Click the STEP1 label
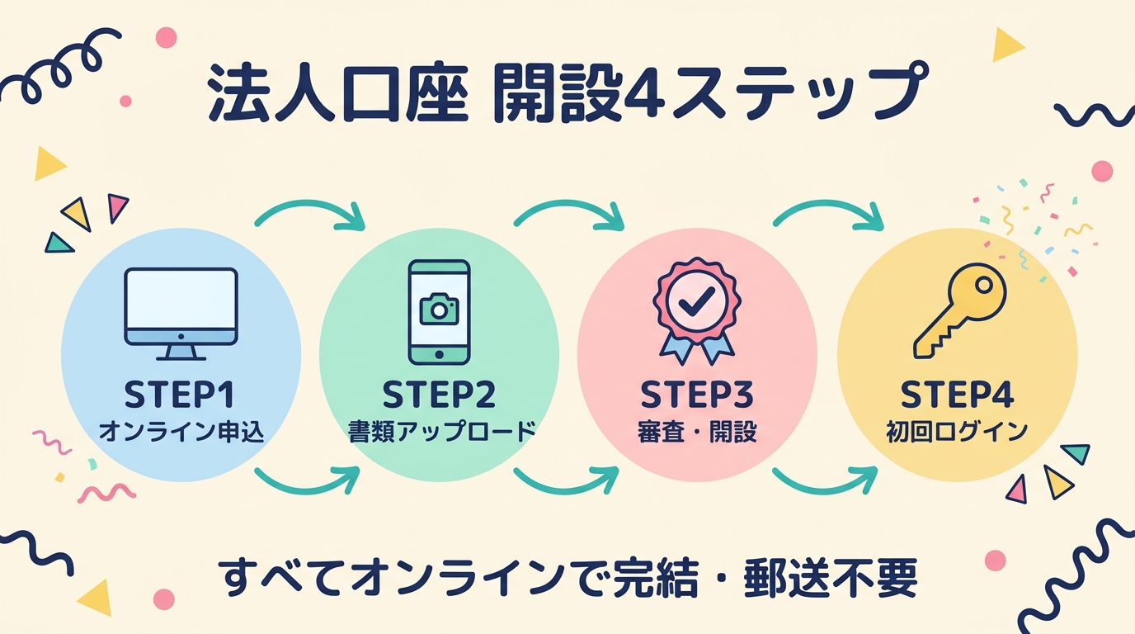click(180, 395)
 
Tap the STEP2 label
click(439, 395)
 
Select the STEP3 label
click(697, 395)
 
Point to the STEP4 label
click(957, 395)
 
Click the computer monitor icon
click(181, 313)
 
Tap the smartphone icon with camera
click(439, 312)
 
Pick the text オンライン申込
click(181, 432)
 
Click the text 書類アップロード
click(439, 432)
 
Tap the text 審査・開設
click(697, 432)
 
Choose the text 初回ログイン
click(957, 432)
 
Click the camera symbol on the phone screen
click(439, 310)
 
